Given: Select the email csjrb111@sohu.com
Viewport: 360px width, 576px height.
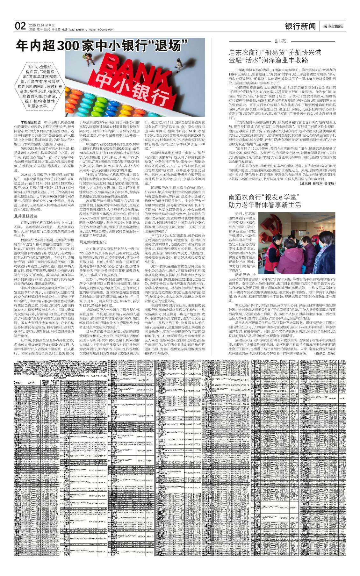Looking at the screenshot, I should click(x=101, y=30).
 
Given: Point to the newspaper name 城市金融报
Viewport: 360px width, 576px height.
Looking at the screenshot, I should click(x=333, y=26).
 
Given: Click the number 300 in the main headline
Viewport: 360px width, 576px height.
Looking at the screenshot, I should click(x=68, y=45).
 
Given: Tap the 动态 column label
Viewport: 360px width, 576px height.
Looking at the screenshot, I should click(x=281, y=41).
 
